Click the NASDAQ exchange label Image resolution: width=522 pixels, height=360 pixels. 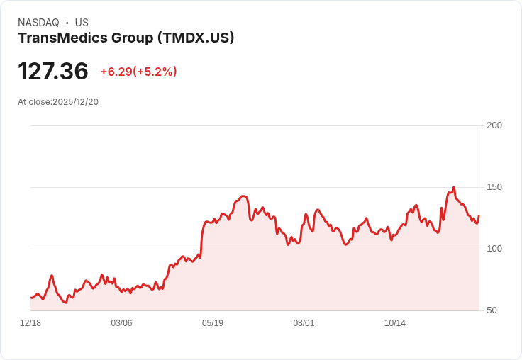coord(38,23)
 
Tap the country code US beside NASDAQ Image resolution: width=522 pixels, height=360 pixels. coord(82,23)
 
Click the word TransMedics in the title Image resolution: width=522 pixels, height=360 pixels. coord(62,38)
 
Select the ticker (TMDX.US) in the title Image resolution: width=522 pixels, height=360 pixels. coord(195,38)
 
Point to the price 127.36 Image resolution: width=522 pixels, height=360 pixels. coord(53,71)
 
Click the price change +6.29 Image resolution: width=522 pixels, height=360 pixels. coord(116,72)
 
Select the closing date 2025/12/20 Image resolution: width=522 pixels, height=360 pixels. coord(76,102)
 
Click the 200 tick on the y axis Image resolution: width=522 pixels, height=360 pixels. coord(494,125)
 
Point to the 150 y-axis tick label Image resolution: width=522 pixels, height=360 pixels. coord(494,187)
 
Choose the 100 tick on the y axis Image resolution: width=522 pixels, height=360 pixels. coord(494,249)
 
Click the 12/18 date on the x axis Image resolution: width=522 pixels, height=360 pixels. coord(30,323)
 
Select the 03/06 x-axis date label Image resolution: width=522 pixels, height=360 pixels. coord(121,323)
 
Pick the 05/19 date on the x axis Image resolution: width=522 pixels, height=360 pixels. coord(213,323)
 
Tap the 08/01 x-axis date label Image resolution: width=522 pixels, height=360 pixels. coord(304,323)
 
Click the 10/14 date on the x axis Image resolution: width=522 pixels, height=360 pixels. coord(395,323)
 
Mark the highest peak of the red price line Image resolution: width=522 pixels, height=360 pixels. coord(454,187)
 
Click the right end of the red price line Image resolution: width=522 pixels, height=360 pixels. coord(479,217)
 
